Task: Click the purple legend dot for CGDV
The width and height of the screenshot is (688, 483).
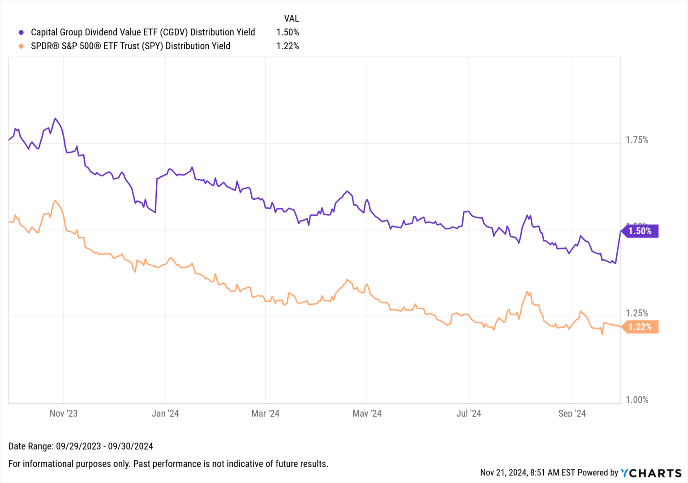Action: [x=21, y=32]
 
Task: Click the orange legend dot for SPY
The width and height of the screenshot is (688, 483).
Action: [x=21, y=46]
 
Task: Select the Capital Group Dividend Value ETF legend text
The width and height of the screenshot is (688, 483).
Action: [x=142, y=32]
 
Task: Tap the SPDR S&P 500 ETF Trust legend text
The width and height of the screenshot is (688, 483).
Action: [x=130, y=46]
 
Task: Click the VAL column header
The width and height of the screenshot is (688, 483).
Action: [x=291, y=18]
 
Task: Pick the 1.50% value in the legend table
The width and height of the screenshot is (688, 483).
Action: [x=288, y=32]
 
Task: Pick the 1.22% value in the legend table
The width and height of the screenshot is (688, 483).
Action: [x=288, y=46]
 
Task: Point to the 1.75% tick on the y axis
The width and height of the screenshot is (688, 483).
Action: [x=637, y=140]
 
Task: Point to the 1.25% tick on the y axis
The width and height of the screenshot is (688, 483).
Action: [x=637, y=313]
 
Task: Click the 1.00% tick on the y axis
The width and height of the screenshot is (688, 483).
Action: [x=637, y=400]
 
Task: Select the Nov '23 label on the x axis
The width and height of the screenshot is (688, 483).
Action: [x=64, y=414]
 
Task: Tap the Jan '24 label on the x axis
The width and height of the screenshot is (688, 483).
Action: [x=165, y=414]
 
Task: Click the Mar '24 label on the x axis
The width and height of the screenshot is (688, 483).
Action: [x=265, y=414]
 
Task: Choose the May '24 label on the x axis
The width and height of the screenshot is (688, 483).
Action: [x=367, y=414]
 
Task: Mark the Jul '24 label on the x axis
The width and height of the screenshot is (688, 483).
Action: [x=469, y=414]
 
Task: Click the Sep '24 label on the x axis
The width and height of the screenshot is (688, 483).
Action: [x=572, y=414]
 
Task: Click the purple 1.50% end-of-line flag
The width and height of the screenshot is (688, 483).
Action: [x=640, y=231]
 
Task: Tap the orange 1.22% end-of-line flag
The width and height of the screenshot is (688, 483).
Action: [x=640, y=327]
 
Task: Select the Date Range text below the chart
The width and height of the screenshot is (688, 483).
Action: [x=81, y=446]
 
